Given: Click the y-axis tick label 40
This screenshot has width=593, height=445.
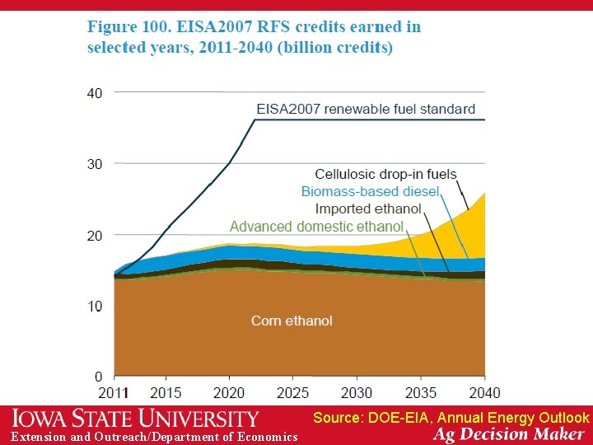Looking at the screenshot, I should [95, 94].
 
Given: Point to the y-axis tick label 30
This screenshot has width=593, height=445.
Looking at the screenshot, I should [95, 165].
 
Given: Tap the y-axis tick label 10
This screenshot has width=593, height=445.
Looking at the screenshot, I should [95, 307].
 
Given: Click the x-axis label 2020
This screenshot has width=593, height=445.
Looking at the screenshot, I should [230, 393].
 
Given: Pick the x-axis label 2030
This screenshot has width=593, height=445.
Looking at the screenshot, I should [356, 393].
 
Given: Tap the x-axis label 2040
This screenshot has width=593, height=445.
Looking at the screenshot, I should [483, 393].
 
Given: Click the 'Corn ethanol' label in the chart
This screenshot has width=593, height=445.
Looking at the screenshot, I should [292, 321].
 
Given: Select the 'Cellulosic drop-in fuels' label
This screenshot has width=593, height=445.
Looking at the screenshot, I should [385, 175].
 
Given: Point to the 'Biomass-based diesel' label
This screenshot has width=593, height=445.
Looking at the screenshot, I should [371, 192].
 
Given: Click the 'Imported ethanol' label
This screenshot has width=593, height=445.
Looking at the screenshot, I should [368, 209].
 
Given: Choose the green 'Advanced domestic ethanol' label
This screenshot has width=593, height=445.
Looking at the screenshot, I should [316, 227].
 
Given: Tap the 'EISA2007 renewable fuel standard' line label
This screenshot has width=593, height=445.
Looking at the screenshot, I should [366, 109].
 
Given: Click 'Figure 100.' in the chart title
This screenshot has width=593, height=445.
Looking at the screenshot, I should [128, 27].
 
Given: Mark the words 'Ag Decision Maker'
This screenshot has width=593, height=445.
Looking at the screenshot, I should [511, 434].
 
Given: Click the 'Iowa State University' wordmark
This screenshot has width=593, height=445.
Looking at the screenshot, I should [135, 418].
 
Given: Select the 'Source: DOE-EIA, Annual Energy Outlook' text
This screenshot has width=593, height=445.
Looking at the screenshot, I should [451, 418].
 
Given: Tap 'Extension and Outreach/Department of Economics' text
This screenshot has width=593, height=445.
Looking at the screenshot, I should [154, 437].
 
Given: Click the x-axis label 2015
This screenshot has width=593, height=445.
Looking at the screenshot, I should [166, 393].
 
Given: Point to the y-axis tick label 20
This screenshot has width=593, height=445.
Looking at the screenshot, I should [95, 236].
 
